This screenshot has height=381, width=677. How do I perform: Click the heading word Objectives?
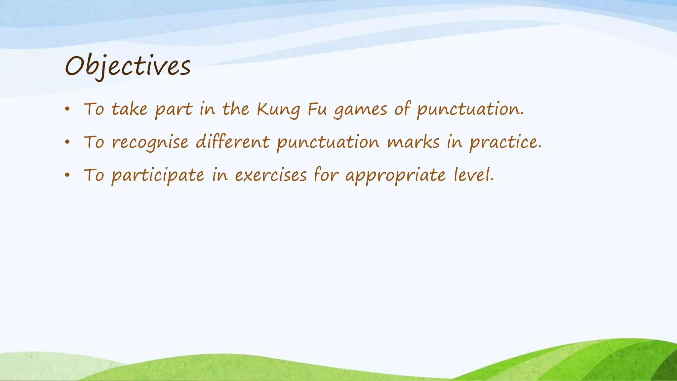tap(128, 66)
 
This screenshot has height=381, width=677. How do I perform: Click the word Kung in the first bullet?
tap(278, 109)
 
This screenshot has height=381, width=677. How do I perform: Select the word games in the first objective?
tap(360, 109)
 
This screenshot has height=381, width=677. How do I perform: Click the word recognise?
tap(150, 143)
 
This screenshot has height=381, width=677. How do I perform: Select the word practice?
tap(505, 143)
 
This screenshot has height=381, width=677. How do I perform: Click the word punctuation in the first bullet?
tap(470, 109)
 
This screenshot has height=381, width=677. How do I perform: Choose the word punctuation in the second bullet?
tap(328, 143)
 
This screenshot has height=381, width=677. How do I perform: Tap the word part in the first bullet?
tap(174, 109)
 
